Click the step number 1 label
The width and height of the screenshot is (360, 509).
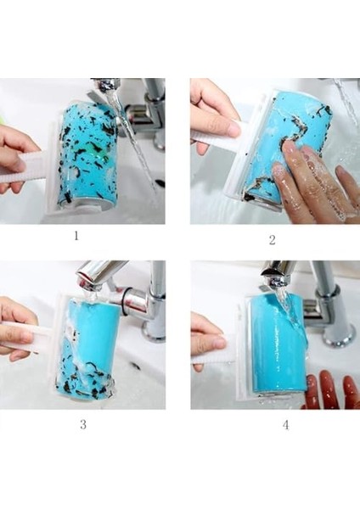point(76,236)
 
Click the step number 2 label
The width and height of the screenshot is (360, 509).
point(273,240)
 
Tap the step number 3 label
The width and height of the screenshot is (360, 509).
point(83,424)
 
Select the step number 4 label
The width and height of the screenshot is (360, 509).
point(285,425)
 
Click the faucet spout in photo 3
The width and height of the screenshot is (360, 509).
point(98,274)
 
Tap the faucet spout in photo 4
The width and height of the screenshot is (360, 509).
point(276,273)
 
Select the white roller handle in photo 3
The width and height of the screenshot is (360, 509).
point(28,334)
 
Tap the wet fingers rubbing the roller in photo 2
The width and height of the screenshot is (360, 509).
point(309,182)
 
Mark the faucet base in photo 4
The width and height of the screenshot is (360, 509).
point(338,334)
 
